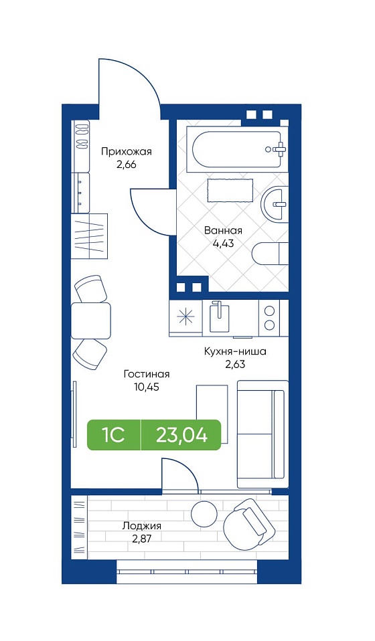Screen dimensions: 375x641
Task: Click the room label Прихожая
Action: click(127, 152)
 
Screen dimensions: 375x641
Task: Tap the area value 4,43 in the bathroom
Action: click(223, 244)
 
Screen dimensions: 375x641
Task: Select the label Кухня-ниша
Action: click(235, 351)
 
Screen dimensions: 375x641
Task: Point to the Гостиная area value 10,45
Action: click(146, 387)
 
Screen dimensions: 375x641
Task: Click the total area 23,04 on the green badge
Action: click(181, 436)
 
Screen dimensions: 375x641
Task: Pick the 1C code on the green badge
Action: click(113, 436)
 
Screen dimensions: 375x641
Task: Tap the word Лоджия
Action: click(141, 526)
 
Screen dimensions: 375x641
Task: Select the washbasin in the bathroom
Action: click(275, 203)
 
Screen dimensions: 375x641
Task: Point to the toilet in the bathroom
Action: click(271, 254)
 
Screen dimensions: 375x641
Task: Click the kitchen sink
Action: click(218, 316)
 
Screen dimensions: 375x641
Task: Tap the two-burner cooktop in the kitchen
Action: click(269, 317)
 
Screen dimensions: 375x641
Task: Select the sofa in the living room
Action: click(263, 434)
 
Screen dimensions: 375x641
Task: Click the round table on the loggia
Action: click(204, 513)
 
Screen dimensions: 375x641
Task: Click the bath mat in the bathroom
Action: click(230, 190)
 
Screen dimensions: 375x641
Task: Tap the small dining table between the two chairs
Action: click(91, 320)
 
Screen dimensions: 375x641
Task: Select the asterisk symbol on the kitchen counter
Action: click(185, 317)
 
